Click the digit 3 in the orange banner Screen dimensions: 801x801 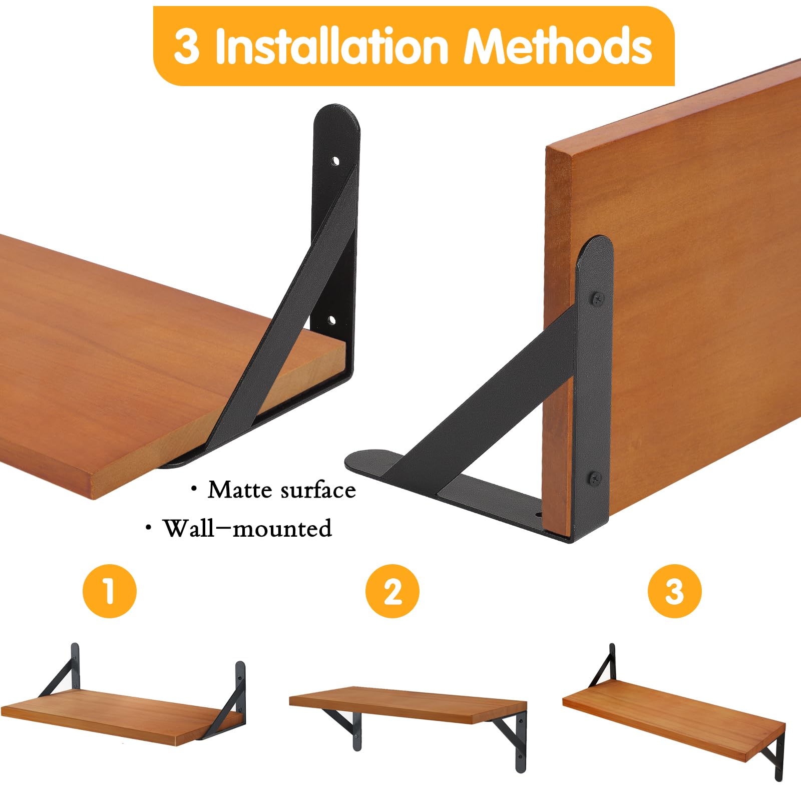click(x=186, y=47)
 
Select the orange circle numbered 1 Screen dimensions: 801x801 click(x=109, y=591)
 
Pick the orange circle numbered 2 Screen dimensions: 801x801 click(x=392, y=591)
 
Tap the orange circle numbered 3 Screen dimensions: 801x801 click(x=674, y=591)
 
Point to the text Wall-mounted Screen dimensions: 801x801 click(x=247, y=529)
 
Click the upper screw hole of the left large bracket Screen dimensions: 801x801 click(x=335, y=161)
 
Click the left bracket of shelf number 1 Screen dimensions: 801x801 click(x=63, y=671)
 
